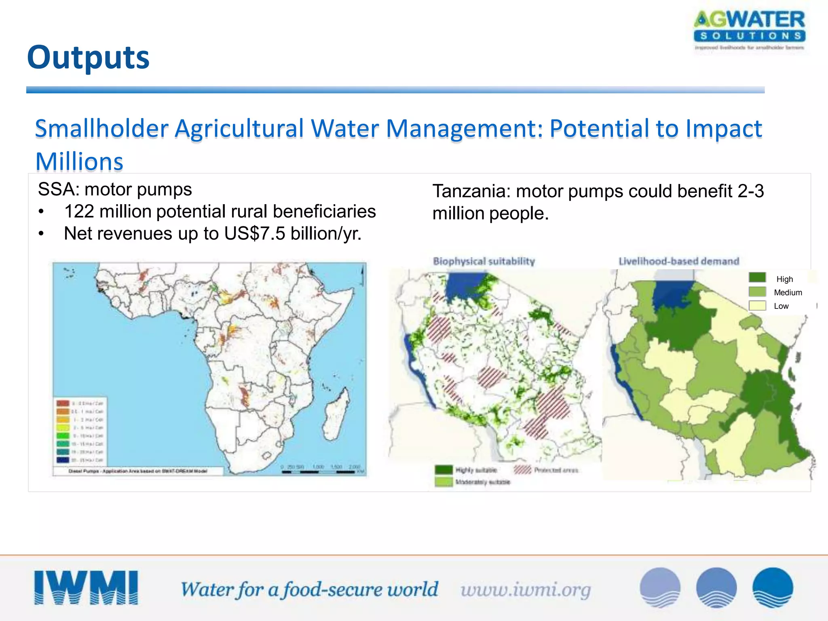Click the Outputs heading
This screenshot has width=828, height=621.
(88, 57)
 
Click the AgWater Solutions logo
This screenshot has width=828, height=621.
(749, 30)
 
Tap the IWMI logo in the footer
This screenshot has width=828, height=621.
(86, 588)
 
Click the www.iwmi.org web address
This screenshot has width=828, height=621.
(526, 590)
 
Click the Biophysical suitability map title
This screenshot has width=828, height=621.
(484, 261)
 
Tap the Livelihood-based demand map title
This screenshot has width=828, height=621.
(679, 261)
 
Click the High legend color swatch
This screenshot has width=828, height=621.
(757, 278)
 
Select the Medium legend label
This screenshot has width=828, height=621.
(788, 292)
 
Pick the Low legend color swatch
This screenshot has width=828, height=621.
(757, 306)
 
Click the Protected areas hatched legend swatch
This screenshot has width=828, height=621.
(522, 470)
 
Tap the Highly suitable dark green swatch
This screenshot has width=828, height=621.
(444, 470)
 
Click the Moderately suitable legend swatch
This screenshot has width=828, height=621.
(444, 482)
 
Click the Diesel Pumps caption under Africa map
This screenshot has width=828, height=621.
(137, 471)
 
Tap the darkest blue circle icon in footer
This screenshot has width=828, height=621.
(773, 588)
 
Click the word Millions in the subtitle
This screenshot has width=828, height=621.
(79, 162)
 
